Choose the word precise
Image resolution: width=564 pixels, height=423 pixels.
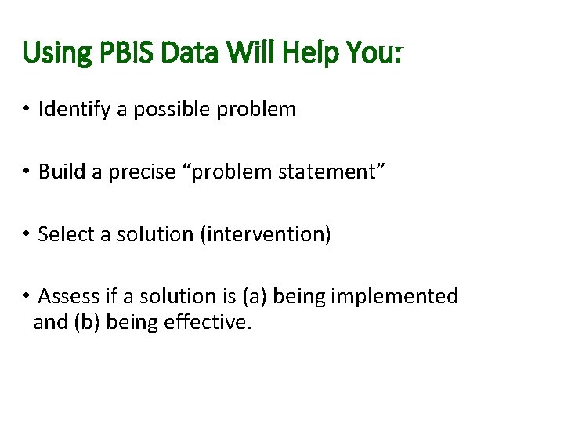click(143, 172)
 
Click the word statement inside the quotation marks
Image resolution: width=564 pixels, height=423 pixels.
click(324, 172)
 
